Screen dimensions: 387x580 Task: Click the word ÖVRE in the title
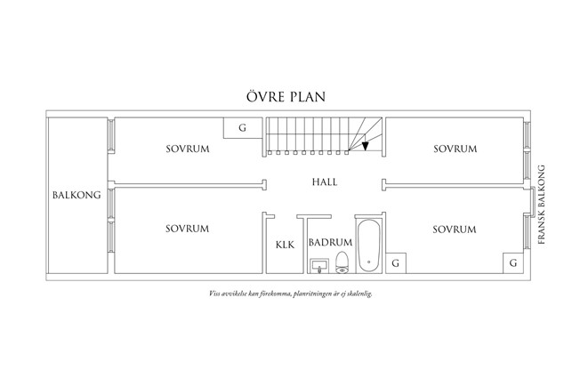click(264, 96)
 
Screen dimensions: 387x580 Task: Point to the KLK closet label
click(285, 243)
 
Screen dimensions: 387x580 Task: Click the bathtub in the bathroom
click(369, 243)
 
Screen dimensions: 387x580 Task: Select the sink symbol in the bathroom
click(318, 265)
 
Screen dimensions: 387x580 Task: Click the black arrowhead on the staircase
click(365, 147)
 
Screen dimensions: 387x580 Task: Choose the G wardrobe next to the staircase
click(242, 128)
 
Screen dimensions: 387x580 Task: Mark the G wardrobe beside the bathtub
click(397, 263)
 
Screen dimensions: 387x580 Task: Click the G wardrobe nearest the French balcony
click(512, 263)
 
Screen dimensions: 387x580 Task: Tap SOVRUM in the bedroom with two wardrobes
click(455, 229)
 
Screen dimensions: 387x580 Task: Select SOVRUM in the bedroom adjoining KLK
click(187, 229)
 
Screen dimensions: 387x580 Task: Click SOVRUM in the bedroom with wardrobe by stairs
click(187, 149)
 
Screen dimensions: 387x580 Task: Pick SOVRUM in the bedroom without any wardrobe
click(455, 149)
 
